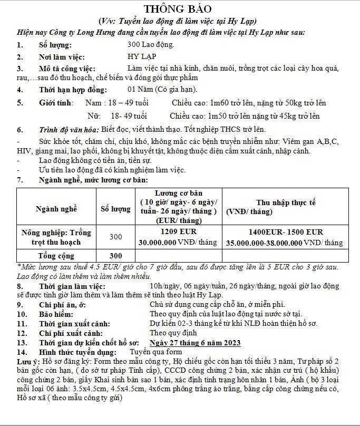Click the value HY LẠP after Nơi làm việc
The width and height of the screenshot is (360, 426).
[x=142, y=57]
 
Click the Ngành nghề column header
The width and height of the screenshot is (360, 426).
[x=56, y=209]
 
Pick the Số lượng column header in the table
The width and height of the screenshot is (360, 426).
[x=115, y=209]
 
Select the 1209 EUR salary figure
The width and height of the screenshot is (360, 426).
[x=178, y=232]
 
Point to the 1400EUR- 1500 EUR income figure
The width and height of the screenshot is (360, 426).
[x=286, y=232]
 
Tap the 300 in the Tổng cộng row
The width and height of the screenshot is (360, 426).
[x=115, y=256]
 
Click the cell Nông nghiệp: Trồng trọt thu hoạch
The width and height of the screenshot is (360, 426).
[x=56, y=237]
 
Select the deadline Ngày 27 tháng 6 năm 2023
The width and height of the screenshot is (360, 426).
[x=195, y=343]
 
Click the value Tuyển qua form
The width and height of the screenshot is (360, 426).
[x=155, y=352]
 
